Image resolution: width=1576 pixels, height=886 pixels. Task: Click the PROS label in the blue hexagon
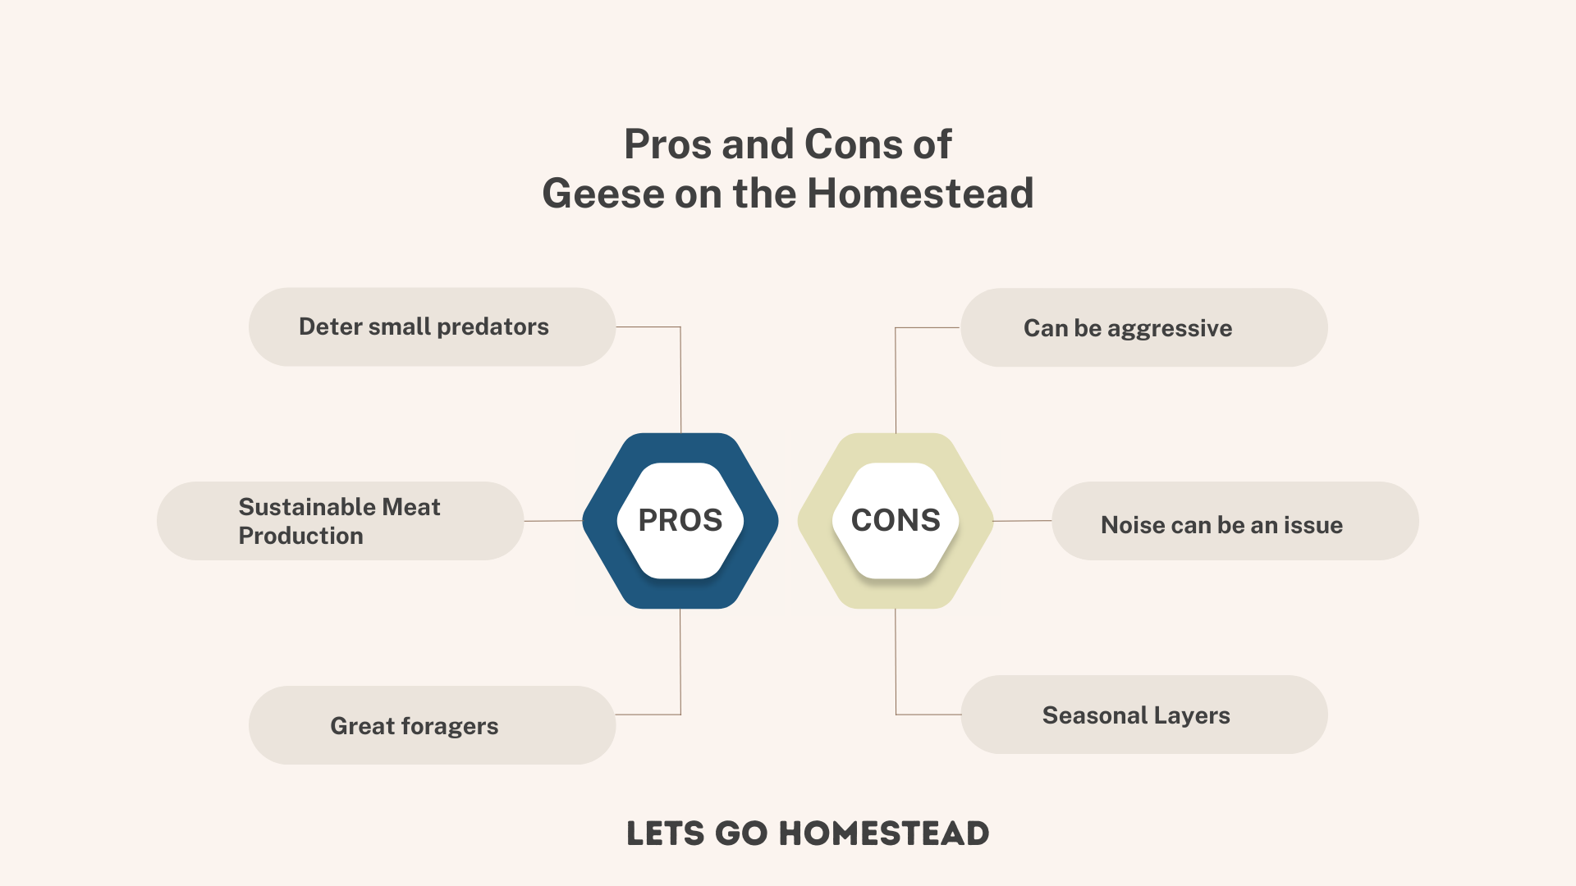pos(680,520)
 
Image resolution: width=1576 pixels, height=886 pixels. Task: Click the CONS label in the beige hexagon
pos(896,520)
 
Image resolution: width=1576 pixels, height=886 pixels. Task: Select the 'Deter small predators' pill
pos(432,327)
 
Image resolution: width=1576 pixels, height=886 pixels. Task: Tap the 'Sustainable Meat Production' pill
pos(340,521)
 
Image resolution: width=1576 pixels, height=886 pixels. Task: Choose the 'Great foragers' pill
pos(432,725)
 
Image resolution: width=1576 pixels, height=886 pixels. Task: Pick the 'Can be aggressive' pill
pos(1144,327)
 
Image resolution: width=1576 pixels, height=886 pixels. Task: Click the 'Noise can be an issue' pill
pos(1235,521)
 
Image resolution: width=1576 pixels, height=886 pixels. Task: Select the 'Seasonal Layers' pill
pos(1144,715)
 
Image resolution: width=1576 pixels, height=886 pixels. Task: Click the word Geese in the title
pos(603,194)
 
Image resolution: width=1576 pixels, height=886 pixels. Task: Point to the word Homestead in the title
pos(920,194)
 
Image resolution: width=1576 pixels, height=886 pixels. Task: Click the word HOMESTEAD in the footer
pos(884,833)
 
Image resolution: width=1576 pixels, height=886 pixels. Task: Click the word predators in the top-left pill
pos(492,327)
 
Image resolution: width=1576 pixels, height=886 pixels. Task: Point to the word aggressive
pos(1170,329)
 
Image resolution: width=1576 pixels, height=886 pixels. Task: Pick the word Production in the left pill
pos(301,536)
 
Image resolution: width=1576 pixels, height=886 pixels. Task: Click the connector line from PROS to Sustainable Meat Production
pos(553,521)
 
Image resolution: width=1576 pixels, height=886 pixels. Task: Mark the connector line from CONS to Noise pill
pos(1023,521)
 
